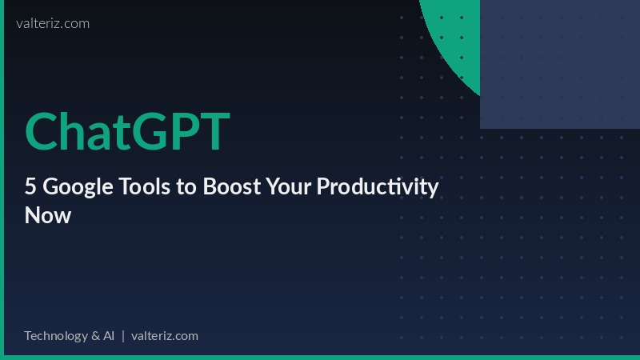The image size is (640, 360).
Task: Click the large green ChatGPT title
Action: pyautogui.click(x=127, y=131)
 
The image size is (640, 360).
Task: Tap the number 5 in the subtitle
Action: pyautogui.click(x=30, y=187)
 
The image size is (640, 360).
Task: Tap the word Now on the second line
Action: pyautogui.click(x=48, y=215)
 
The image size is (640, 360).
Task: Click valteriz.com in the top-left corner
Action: pyautogui.click(x=53, y=23)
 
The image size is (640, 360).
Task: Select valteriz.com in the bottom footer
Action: pyautogui.click(x=164, y=335)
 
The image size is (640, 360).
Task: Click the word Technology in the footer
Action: pyautogui.click(x=56, y=335)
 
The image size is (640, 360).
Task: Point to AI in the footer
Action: pyautogui.click(x=109, y=335)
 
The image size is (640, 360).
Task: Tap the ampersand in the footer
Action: pyautogui.click(x=95, y=335)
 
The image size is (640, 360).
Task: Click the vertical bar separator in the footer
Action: pyautogui.click(x=123, y=335)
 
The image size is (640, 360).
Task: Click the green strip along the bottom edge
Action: pyautogui.click(x=320, y=358)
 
